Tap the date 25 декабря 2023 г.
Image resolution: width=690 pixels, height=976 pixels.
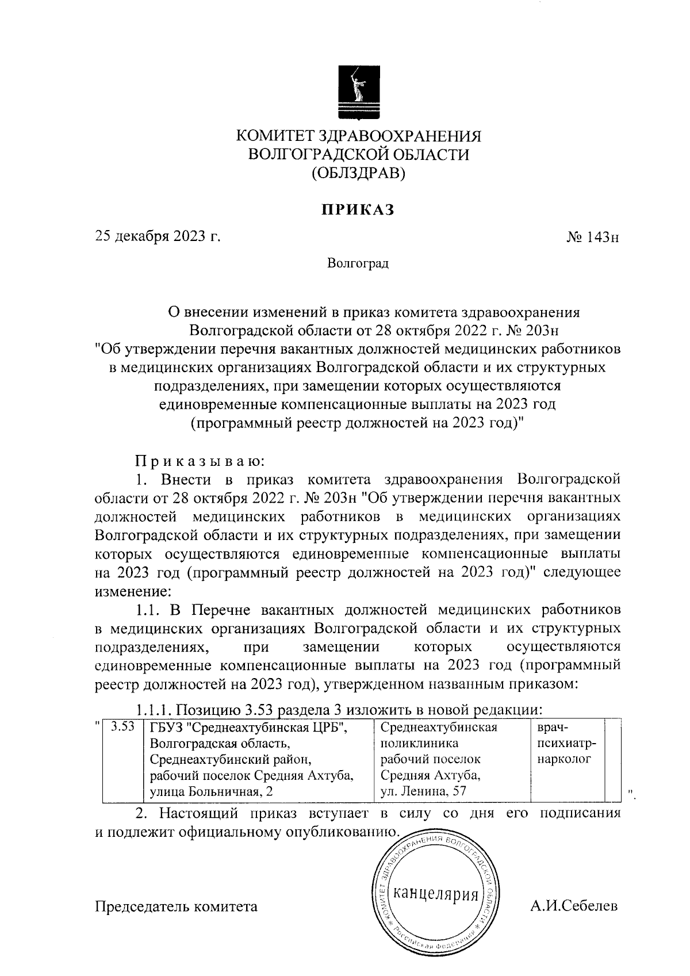click(158, 237)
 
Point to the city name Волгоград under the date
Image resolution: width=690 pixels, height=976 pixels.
click(358, 264)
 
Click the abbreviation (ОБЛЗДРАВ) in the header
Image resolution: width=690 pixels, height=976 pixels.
click(358, 173)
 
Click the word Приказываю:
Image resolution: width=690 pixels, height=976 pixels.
click(200, 461)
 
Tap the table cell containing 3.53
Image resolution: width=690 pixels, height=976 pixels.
click(122, 726)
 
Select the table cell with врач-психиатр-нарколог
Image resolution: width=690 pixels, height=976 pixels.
click(567, 743)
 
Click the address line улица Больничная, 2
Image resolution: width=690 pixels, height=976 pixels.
click(210, 792)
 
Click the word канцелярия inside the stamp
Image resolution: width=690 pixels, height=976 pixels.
click(435, 895)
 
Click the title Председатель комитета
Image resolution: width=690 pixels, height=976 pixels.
click(176, 907)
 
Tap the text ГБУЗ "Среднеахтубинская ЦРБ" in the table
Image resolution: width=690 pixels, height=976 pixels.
click(248, 727)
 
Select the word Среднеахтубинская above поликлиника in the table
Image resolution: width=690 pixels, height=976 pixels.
click(439, 727)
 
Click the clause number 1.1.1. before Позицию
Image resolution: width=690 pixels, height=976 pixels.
click(154, 710)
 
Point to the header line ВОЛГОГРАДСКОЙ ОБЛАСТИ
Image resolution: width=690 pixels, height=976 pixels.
click(358, 154)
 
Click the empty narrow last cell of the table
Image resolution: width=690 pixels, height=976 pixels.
click(614, 759)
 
